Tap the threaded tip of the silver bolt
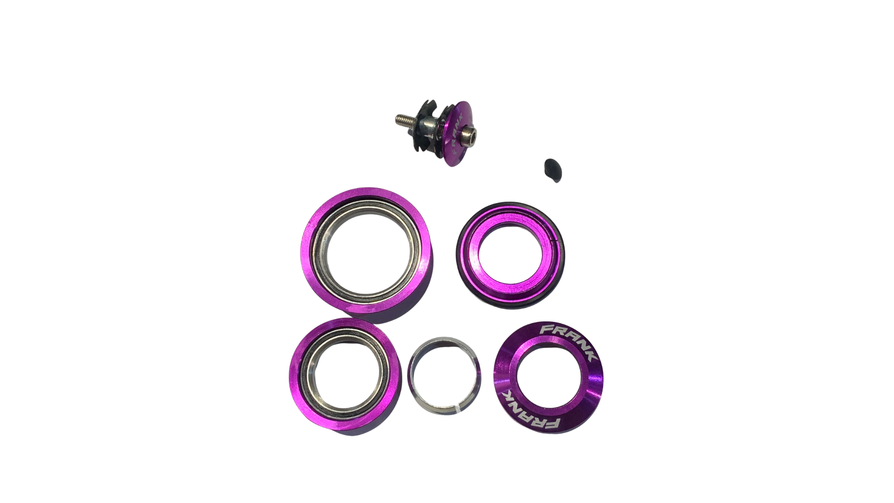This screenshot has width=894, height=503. pos(401,120)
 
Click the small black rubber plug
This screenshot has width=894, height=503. pos(553,171)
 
